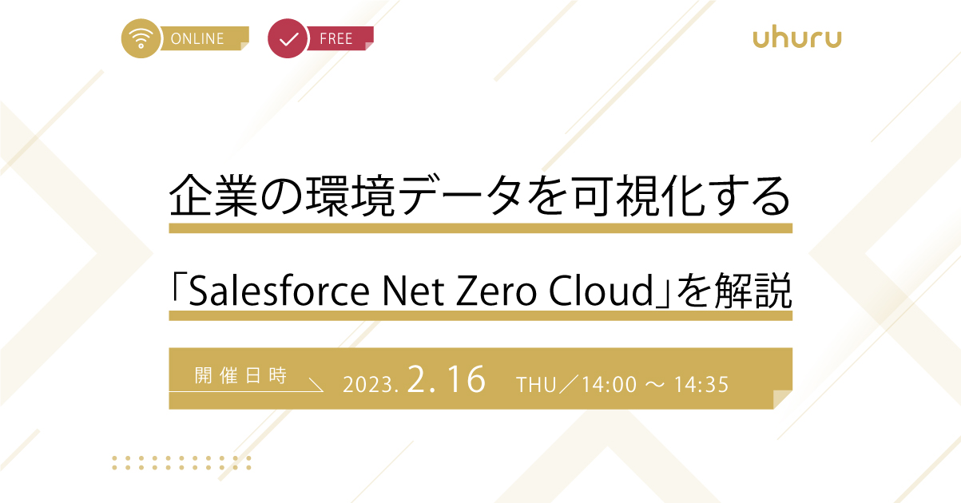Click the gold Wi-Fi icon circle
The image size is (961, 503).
[141, 38]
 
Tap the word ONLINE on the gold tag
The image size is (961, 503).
[197, 38]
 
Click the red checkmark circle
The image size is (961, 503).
[288, 38]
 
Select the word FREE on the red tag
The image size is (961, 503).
[336, 38]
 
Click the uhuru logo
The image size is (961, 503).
[797, 38]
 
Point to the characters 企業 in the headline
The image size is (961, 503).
[214, 196]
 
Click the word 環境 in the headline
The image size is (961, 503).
[350, 196]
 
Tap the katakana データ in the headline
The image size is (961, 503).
[460, 196]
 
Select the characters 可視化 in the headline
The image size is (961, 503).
[639, 196]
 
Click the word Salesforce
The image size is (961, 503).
[279, 291]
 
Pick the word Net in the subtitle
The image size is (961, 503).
[413, 291]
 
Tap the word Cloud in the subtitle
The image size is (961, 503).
[601, 290]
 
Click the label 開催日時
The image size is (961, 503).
[240, 375]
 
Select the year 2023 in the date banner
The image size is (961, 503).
[368, 385]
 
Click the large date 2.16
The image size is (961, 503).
[447, 379]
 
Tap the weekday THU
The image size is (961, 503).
[536, 385]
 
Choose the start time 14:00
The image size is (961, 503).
[610, 385]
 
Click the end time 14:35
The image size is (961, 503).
[701, 385]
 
